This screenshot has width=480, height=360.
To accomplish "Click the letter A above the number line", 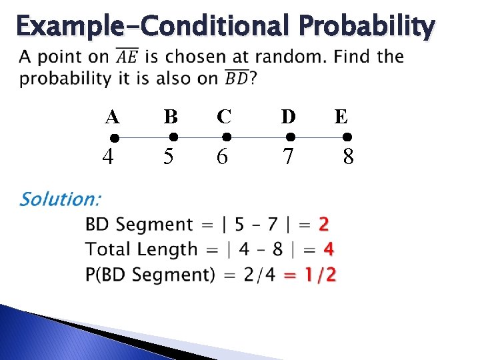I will (x=112, y=117).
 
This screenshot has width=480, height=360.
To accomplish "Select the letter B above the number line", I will (x=171, y=117).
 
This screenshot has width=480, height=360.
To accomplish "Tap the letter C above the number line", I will (x=224, y=117).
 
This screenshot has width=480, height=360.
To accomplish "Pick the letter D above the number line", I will (x=289, y=117).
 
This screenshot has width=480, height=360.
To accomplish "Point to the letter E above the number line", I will (x=341, y=117).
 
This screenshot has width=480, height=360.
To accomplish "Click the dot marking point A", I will (x=114, y=138).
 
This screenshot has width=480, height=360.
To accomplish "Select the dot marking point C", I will (x=226, y=137).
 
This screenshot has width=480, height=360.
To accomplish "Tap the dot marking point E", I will (x=347, y=137).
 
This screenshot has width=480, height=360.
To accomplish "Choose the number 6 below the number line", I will (x=222, y=157).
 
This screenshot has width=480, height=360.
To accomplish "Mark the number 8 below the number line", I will (x=348, y=157).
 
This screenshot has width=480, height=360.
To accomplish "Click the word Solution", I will (x=61, y=199).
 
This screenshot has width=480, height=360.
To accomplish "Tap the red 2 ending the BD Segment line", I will (x=324, y=225).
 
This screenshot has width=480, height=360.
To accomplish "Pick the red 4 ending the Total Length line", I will (x=328, y=249).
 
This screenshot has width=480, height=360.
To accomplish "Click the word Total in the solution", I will (x=107, y=249).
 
